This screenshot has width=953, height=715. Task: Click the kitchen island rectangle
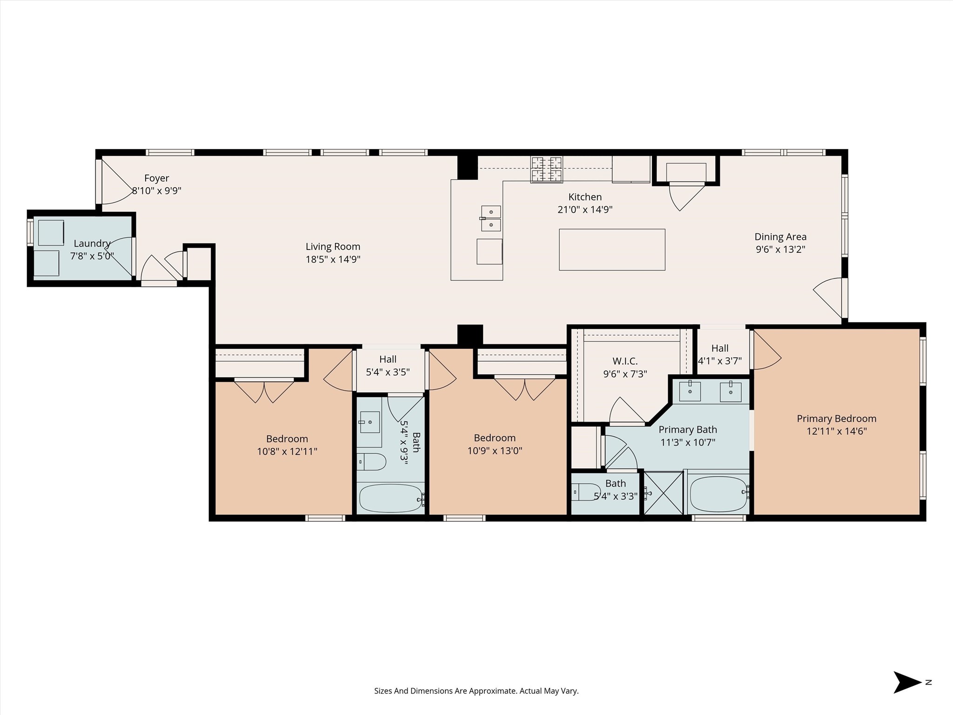[612, 250]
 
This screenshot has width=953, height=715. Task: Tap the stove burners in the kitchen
[547, 169]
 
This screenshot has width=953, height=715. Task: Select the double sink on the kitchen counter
[491, 218]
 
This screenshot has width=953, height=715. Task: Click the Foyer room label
[156, 178]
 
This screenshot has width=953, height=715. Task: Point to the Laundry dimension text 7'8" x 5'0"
[92, 256]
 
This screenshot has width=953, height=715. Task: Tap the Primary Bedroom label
[837, 418]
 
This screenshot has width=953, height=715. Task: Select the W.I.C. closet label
[625, 361]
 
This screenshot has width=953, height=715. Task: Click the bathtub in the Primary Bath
[719, 494]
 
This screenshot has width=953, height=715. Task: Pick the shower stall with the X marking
[663, 493]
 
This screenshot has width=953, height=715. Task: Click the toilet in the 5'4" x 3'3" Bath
[586, 492]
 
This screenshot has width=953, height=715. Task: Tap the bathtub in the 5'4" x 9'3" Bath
[391, 499]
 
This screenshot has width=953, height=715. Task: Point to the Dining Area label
[780, 236]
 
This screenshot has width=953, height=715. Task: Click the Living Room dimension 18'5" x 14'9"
[333, 259]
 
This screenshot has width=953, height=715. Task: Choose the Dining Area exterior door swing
[828, 298]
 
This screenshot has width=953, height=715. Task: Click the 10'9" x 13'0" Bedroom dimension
[495, 451]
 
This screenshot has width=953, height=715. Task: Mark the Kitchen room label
[585, 197]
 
